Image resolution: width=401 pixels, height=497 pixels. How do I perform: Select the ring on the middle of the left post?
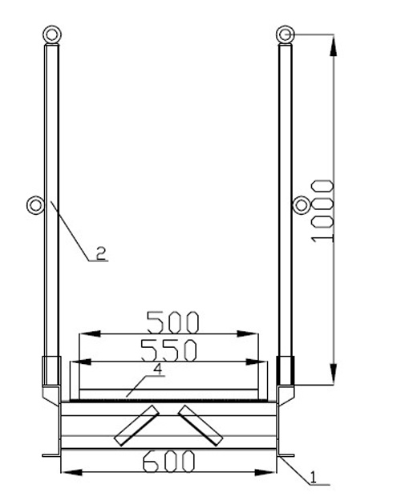click(36, 204)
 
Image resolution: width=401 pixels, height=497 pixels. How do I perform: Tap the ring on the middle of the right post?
click(302, 204)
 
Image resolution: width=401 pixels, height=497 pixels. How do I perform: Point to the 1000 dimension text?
click(322, 210)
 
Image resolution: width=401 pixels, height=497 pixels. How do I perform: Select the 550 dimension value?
click(168, 350)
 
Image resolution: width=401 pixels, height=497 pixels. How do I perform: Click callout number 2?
click(102, 253)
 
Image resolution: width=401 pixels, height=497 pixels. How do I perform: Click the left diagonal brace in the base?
click(135, 426)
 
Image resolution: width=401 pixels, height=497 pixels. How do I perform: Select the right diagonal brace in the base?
click(200, 426)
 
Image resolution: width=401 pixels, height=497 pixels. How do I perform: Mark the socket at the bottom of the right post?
click(286, 372)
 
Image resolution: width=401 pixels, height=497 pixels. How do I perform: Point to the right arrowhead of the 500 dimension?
click(255, 333)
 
